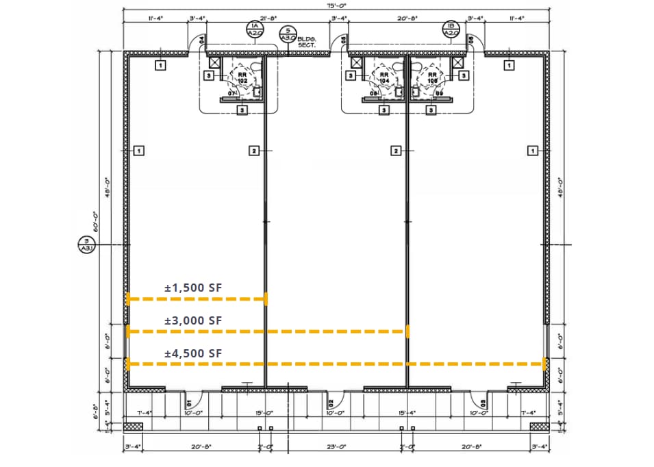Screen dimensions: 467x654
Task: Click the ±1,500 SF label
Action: click(x=194, y=288)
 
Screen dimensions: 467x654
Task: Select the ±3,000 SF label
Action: click(x=194, y=320)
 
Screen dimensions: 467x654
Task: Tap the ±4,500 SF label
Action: click(x=194, y=353)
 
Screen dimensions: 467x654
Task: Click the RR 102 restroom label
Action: click(x=242, y=78)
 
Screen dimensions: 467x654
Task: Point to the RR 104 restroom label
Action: click(x=384, y=78)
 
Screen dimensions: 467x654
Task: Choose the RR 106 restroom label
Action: click(x=432, y=78)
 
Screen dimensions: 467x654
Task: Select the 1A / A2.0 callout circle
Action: click(x=253, y=28)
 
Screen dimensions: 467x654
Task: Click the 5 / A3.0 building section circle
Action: click(x=287, y=34)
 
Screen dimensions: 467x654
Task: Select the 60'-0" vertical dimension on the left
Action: click(x=98, y=223)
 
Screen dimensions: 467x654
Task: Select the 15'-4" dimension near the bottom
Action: click(x=406, y=412)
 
